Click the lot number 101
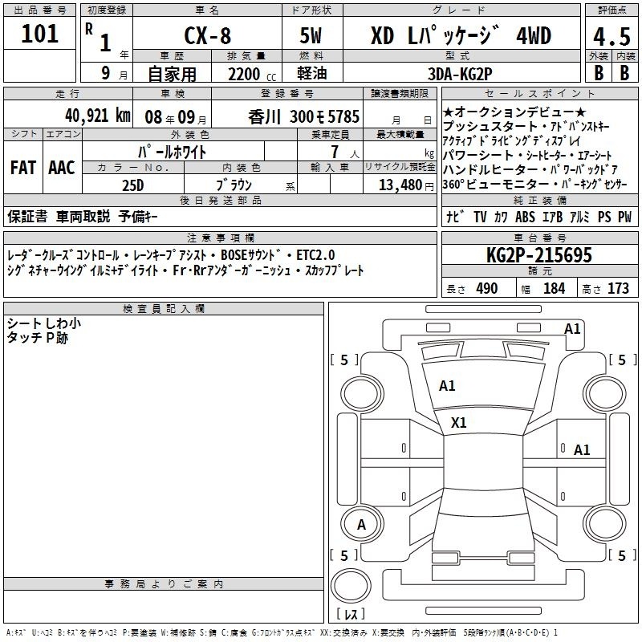coord(39,34)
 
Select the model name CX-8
coord(208,35)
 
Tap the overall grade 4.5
coord(612,37)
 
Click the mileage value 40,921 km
coord(98,116)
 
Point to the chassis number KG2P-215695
coord(539,255)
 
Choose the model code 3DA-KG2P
coord(460,74)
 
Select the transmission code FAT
coord(23,168)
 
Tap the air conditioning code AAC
coord(62,168)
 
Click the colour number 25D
coord(133,185)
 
